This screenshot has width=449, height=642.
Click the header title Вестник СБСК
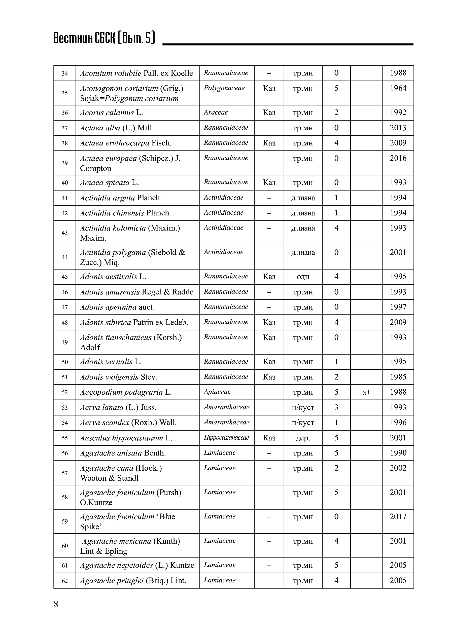tap(104, 38)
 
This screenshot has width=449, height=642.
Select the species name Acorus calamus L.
tap(111, 113)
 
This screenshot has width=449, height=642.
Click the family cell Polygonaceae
tap(224, 88)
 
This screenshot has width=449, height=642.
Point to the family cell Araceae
tap(216, 112)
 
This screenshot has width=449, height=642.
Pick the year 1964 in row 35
tap(398, 88)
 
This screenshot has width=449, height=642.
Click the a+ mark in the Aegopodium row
tap(366, 392)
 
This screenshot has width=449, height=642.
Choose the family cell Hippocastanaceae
tap(226, 438)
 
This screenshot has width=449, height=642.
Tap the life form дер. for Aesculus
tap(303, 438)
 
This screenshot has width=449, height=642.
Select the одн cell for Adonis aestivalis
tap(303, 277)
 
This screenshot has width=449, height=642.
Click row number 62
tap(65, 581)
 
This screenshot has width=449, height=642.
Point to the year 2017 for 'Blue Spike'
tap(398, 517)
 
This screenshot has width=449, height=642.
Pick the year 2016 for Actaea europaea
tap(398, 158)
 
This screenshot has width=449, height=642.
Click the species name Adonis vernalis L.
tap(111, 362)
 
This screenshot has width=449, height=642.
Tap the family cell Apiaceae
tap(217, 392)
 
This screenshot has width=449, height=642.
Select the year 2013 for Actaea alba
tap(398, 128)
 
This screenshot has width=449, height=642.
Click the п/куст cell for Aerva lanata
tap(303, 407)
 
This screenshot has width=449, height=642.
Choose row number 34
tap(65, 73)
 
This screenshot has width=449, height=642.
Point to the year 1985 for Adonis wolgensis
tap(398, 377)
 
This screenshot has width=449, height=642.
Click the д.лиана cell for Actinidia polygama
tap(303, 252)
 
